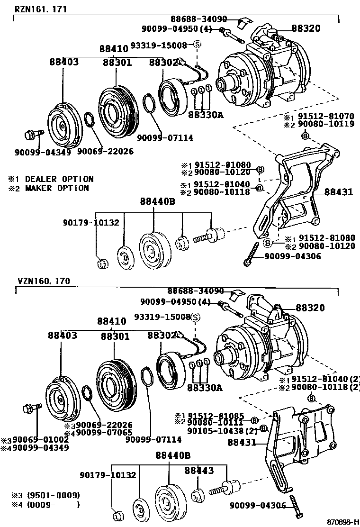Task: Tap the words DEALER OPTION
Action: click(59, 179)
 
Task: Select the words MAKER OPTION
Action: click(56, 188)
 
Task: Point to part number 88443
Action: click(199, 470)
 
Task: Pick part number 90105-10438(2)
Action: click(222, 431)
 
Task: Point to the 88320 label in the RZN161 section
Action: click(305, 28)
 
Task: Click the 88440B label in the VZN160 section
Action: click(172, 455)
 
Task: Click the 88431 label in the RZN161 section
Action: click(339, 192)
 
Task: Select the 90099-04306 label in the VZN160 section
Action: click(258, 505)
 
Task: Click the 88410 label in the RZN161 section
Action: click(114, 49)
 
